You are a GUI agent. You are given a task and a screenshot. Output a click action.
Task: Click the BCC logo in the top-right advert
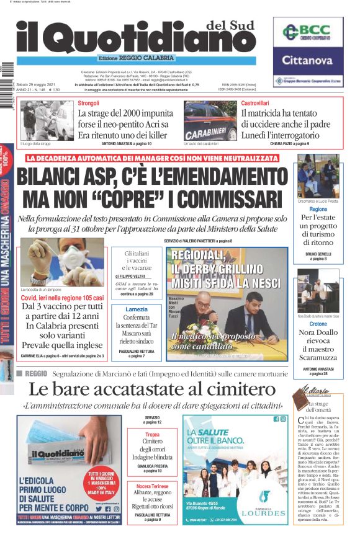[308, 33]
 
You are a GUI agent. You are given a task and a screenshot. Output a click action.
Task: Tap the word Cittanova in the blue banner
[308, 61]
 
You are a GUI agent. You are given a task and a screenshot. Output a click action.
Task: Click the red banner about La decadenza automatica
[153, 158]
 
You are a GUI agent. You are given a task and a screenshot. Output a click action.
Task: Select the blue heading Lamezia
[137, 309]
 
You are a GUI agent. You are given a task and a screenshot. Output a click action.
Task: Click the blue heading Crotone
[318, 324]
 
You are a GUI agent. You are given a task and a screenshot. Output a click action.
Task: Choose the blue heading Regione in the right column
[318, 209]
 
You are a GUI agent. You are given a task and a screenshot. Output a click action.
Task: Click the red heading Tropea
[152, 434]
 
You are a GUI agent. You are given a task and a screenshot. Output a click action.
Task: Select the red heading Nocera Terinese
[152, 486]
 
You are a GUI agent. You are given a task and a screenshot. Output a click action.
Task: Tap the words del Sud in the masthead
[228, 25]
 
